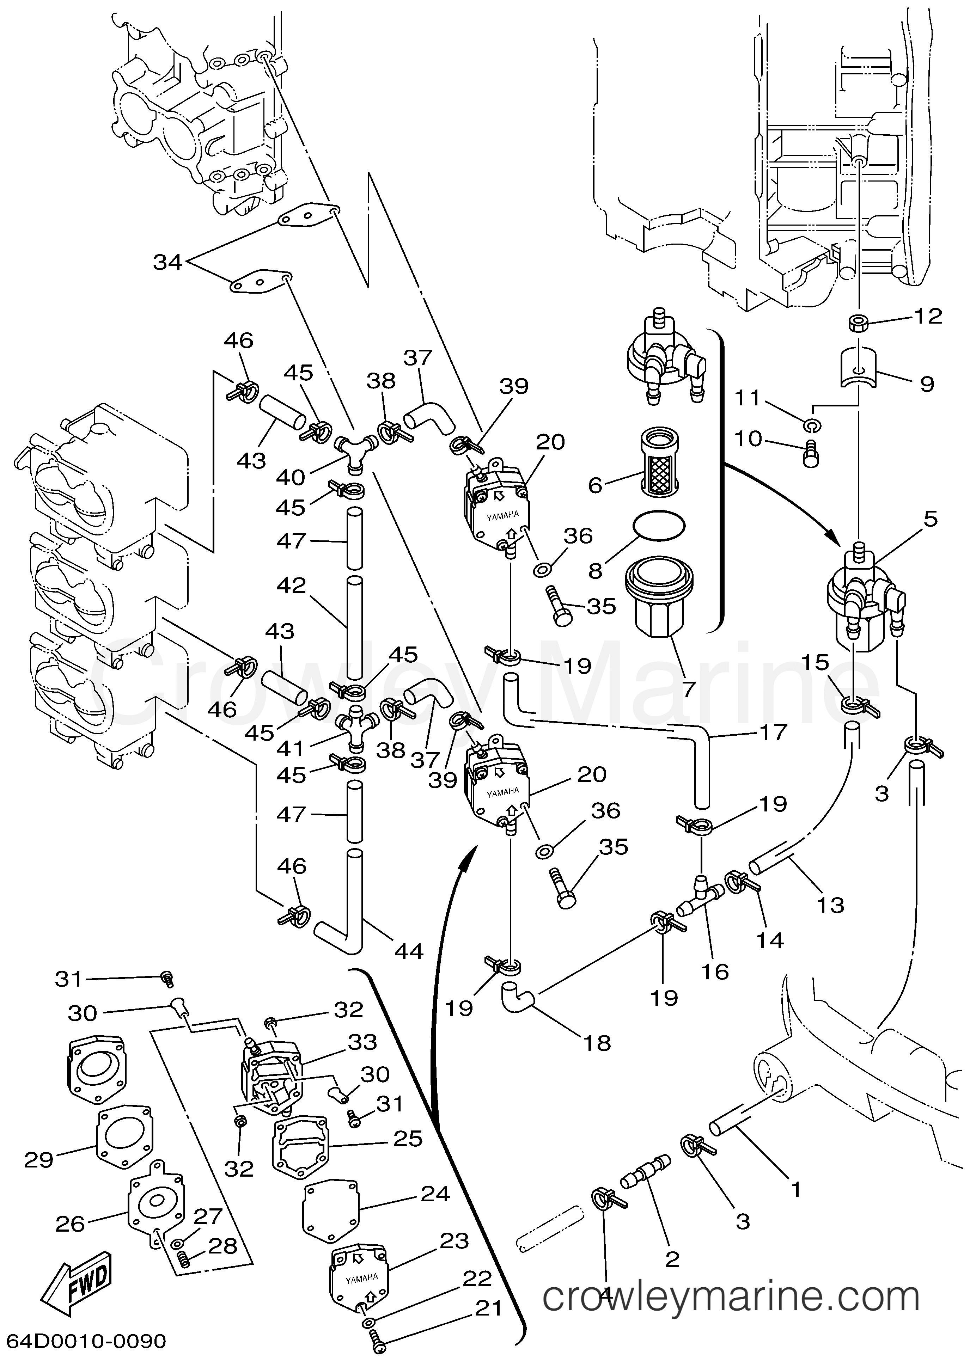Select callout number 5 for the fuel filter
point(930,519)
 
